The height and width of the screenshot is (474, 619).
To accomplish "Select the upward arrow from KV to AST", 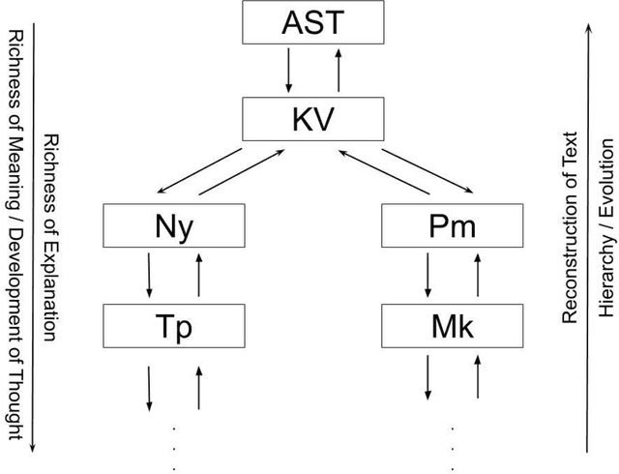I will pos(337,71).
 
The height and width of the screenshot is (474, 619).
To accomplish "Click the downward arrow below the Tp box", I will pos(149,388).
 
